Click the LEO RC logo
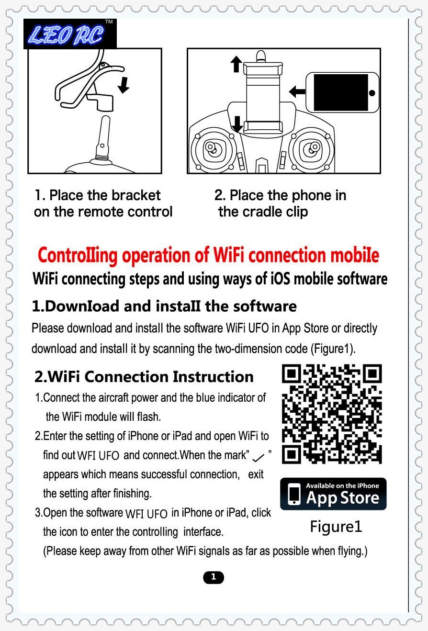[70, 34]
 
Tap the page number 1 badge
[214, 577]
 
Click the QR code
[332, 414]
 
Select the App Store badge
[333, 494]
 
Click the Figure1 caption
[336, 527]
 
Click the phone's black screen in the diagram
[341, 92]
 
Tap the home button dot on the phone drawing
[372, 93]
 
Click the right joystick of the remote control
[312, 148]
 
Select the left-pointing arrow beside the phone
[297, 91]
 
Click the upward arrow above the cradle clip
[236, 64]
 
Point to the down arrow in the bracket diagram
[124, 85]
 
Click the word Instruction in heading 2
[213, 377]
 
